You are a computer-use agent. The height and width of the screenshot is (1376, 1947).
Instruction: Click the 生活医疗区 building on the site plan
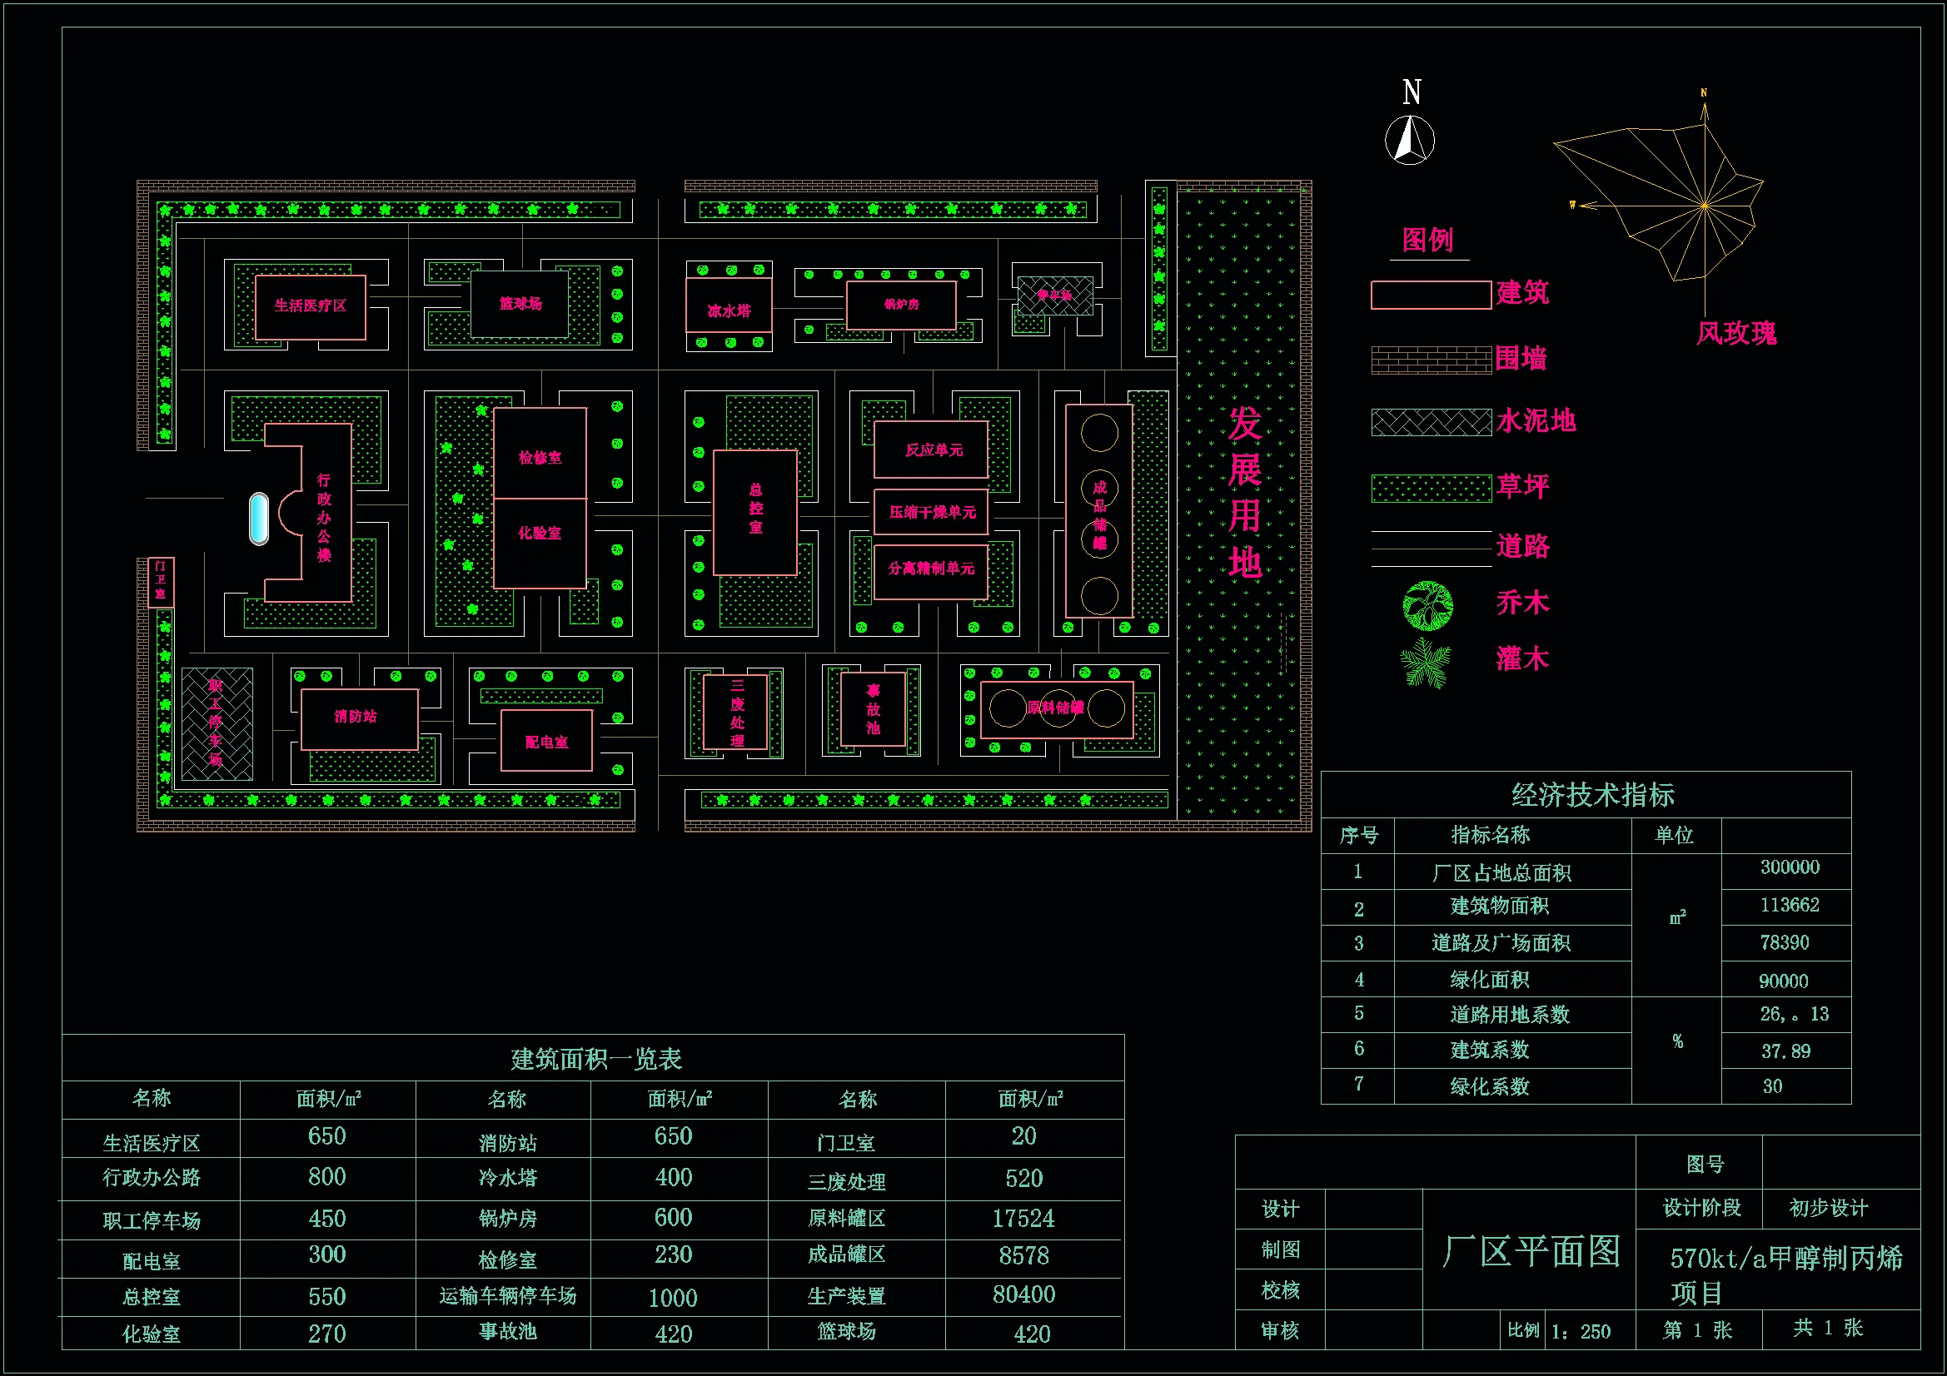point(311,306)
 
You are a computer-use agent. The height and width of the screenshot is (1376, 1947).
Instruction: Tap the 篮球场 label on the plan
point(520,304)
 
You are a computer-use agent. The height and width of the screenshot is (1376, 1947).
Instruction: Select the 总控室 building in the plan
point(754,512)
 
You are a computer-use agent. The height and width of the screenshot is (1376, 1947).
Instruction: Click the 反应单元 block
point(932,450)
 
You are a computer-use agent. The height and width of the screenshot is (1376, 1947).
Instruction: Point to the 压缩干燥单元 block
point(932,512)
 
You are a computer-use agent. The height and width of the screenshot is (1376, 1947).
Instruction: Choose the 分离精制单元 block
point(931,568)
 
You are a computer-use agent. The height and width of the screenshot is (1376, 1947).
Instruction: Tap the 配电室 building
point(546,742)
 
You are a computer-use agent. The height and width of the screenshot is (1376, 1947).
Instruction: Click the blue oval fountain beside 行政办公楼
point(259,518)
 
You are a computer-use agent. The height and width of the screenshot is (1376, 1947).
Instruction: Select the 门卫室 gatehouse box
point(160,581)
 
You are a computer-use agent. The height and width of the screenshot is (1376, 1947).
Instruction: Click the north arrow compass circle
point(1409,141)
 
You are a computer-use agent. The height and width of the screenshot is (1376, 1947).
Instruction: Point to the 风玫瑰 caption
point(1735,333)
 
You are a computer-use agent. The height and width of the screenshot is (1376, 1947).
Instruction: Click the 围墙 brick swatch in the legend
point(1431,360)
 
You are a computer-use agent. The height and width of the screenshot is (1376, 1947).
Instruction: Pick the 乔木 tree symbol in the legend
point(1428,605)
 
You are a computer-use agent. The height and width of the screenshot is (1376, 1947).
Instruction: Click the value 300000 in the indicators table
point(1790,867)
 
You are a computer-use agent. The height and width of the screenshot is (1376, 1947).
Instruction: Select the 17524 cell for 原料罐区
point(1023,1219)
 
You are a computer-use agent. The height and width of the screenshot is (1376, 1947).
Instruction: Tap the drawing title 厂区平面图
point(1531,1251)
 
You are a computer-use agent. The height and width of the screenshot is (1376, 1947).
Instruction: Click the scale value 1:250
point(1581,1331)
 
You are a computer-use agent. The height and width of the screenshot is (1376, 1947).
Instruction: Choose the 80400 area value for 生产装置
point(1023,1294)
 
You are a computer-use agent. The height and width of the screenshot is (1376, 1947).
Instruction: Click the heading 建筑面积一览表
point(595,1059)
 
